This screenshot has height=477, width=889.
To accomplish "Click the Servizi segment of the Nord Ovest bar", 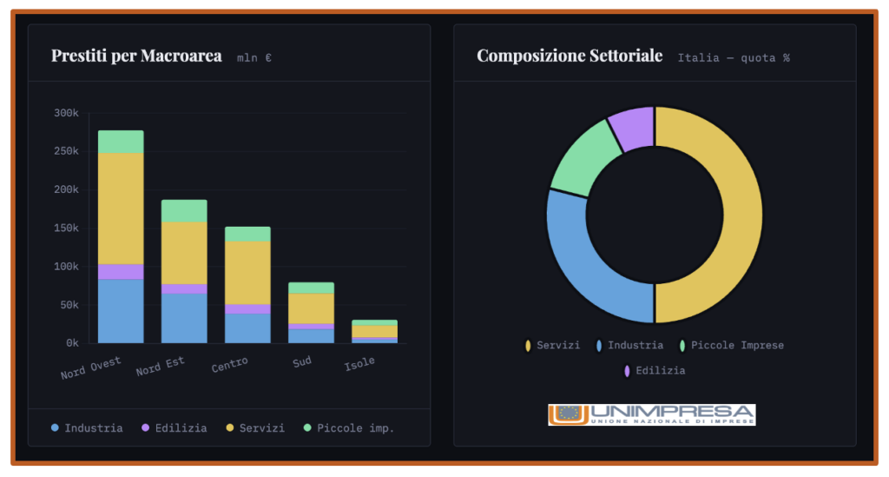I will [x=121, y=209].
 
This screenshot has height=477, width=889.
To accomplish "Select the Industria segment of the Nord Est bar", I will [x=184, y=318].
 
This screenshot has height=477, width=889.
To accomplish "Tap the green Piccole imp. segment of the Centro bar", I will [x=247, y=234].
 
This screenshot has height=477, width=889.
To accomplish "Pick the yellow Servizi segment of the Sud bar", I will [x=311, y=308].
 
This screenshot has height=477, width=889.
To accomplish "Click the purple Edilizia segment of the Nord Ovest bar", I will [x=121, y=271].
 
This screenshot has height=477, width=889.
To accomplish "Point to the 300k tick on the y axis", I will [x=66, y=113].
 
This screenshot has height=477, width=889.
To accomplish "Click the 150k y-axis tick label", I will [x=66, y=229].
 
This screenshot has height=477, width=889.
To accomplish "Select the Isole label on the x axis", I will [x=359, y=362].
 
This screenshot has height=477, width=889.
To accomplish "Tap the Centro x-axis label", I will [x=230, y=364].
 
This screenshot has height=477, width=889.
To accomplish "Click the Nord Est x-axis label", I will [x=161, y=368].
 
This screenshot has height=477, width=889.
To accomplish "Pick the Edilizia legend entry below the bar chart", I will [x=174, y=428].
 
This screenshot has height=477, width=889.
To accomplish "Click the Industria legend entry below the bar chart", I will [x=87, y=428].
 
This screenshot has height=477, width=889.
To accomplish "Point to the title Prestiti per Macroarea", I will [x=136, y=56].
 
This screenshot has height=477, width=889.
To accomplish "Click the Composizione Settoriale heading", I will [x=570, y=56].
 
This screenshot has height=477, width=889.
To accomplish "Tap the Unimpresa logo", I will [x=651, y=414].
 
